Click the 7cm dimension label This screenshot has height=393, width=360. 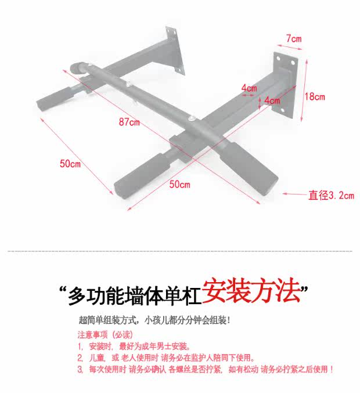point(294,39)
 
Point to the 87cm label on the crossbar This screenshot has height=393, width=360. point(129,122)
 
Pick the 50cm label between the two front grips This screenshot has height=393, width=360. point(179,185)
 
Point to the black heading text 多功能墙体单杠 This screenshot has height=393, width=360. point(134,296)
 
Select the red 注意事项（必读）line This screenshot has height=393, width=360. point(105,335)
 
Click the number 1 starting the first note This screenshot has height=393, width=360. point(79,347)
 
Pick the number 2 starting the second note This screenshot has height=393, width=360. point(80,358)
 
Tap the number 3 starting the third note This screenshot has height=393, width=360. point(80,370)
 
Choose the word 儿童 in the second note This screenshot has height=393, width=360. point(96,358)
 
